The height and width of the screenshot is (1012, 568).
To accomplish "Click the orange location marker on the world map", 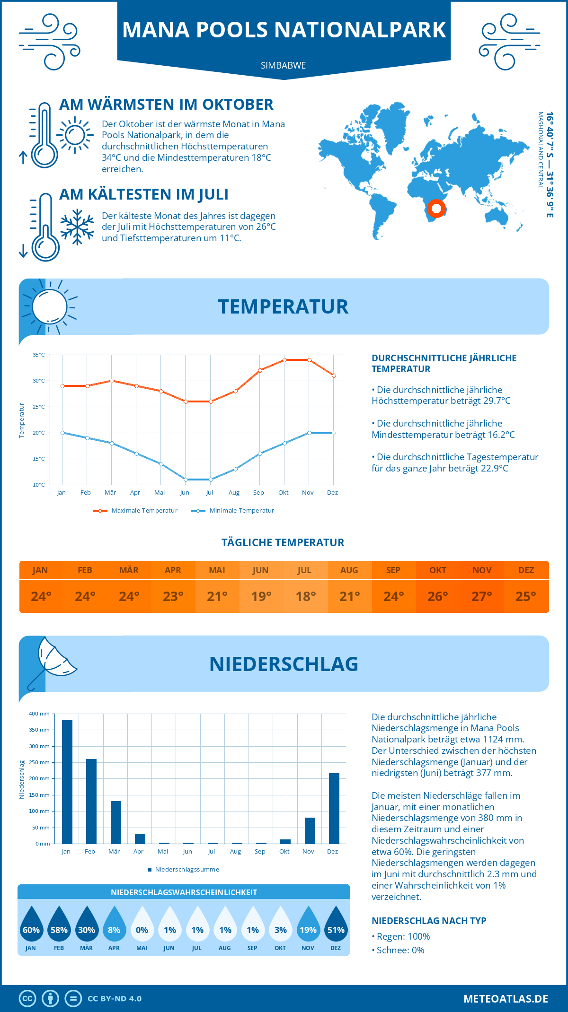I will pos(436,209).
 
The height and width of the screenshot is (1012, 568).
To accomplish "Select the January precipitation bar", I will pos(67,782).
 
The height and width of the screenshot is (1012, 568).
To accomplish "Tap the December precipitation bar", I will pos(334,808).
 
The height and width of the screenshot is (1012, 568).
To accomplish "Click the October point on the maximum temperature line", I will pos(284,360).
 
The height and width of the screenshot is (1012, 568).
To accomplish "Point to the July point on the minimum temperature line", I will pos(211,480).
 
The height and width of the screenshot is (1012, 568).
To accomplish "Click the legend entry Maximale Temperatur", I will pos(136,511).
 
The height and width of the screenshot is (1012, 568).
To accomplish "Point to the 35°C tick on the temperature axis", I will pos(39,355).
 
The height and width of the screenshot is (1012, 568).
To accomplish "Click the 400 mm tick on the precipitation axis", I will pos(39,714).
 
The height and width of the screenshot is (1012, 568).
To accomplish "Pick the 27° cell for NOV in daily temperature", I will pos(482,596).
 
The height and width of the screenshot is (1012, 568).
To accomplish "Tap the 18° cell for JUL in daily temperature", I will pos(305,596).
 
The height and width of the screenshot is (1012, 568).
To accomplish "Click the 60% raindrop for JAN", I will pos(31,924).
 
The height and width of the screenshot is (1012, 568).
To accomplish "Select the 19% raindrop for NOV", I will pos(308,924).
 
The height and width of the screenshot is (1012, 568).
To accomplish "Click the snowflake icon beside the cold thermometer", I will pos(77,227).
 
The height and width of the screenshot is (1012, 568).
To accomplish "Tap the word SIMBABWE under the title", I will pos(283,65).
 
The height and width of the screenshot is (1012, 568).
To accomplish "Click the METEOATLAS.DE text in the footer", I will pos(506,999).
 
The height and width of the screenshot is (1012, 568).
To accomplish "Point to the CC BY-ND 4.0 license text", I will pos(115,999).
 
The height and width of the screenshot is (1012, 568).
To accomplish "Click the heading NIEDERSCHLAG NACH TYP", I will pos(429,921).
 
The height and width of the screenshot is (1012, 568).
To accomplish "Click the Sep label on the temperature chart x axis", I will pos(258,492).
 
